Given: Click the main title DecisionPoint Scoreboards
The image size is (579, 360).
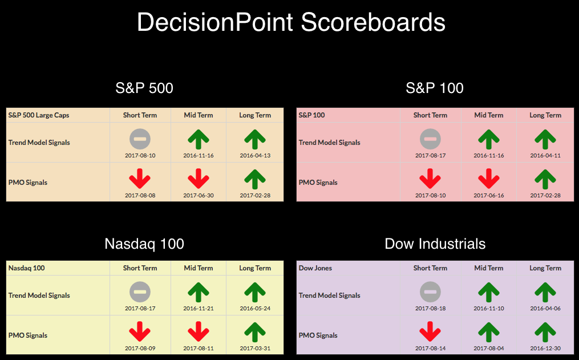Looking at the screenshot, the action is pos(291,22).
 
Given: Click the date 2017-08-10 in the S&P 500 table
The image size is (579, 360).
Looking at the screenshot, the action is pos(140,155).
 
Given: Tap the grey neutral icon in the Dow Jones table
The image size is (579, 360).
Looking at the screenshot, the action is pos(430,292).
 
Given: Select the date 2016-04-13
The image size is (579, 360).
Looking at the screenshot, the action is pos(255,155).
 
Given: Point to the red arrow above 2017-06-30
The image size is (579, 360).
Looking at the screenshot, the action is pos(199,179).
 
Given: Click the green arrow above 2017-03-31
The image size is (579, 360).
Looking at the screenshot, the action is pos(255,332).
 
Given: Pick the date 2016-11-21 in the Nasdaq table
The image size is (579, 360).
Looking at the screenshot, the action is pos(199,308).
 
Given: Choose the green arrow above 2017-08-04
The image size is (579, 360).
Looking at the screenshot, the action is pos(488,332).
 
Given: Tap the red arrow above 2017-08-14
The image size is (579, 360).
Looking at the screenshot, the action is pos(430,331).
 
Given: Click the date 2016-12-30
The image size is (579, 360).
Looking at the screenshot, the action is pos(545,348).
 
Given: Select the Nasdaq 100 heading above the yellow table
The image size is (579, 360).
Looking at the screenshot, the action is pos(144,244).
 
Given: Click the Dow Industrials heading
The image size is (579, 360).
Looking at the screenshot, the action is pos(435,244).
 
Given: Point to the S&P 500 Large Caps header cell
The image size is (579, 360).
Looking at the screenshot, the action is pos(39,115).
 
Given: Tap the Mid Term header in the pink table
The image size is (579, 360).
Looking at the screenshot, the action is pos(488,115).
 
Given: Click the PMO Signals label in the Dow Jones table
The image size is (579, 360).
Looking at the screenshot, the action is pos(318,335).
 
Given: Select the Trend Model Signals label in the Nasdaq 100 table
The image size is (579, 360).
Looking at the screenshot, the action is pos(39,296).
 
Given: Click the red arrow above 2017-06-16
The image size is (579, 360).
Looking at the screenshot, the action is pos(488,179).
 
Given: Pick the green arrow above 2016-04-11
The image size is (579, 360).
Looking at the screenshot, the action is pos(545,139).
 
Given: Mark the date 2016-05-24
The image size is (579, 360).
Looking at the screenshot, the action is pos(255,308).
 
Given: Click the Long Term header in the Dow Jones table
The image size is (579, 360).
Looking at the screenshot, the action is pos(545,268).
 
